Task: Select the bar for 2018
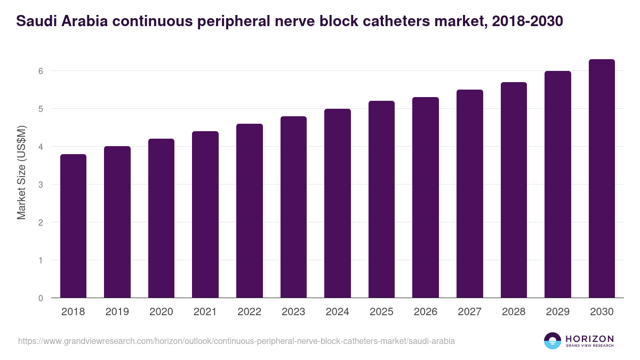[73, 226]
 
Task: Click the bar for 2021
[205, 214]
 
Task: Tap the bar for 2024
[338, 203]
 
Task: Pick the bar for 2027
[470, 194]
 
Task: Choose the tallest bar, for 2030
[602, 179]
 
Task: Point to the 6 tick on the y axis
[40, 71]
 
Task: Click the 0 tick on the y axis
[40, 298]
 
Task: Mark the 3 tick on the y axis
[40, 185]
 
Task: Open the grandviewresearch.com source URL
[236, 341]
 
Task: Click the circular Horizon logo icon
[553, 341]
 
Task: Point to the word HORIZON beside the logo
[589, 339]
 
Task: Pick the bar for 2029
[558, 185]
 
